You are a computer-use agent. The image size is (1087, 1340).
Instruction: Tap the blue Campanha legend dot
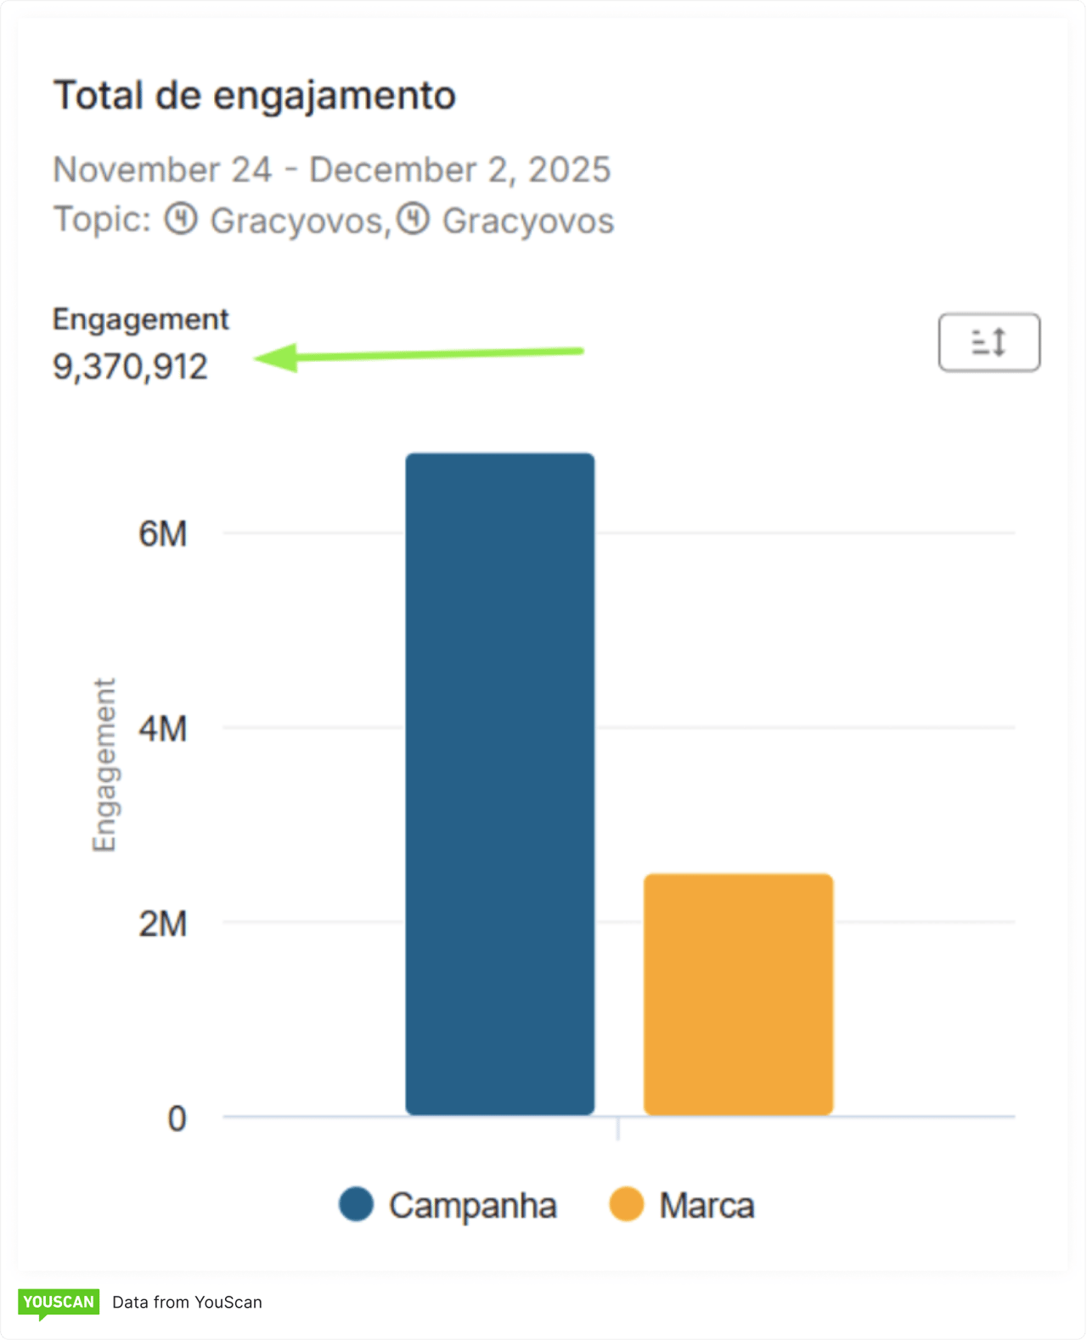point(356,1204)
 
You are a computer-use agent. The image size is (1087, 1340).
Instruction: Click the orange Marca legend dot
point(627,1204)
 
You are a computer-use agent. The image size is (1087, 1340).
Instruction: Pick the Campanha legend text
point(472,1206)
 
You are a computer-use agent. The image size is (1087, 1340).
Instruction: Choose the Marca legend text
point(707,1206)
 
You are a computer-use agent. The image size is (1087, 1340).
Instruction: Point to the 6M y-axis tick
point(163,534)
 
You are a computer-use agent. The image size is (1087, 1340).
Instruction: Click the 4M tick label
point(163,729)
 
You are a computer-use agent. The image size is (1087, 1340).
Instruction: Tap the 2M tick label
point(163,923)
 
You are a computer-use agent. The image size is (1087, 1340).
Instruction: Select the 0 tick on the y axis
point(177,1118)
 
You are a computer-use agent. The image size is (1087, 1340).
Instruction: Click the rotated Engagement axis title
point(104,764)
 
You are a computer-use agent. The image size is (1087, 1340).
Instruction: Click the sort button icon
point(988,342)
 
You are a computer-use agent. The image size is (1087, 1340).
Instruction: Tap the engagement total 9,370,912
point(130,367)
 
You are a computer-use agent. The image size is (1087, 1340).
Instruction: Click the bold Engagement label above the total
point(141,319)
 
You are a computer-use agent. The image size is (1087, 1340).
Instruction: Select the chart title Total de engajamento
point(255,95)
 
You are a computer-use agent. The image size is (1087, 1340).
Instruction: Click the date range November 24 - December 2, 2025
point(331,170)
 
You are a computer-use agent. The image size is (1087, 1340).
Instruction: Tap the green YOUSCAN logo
point(59,1302)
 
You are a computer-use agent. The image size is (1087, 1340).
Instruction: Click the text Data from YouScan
point(187,1303)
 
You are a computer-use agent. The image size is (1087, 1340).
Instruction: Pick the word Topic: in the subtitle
point(102,220)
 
